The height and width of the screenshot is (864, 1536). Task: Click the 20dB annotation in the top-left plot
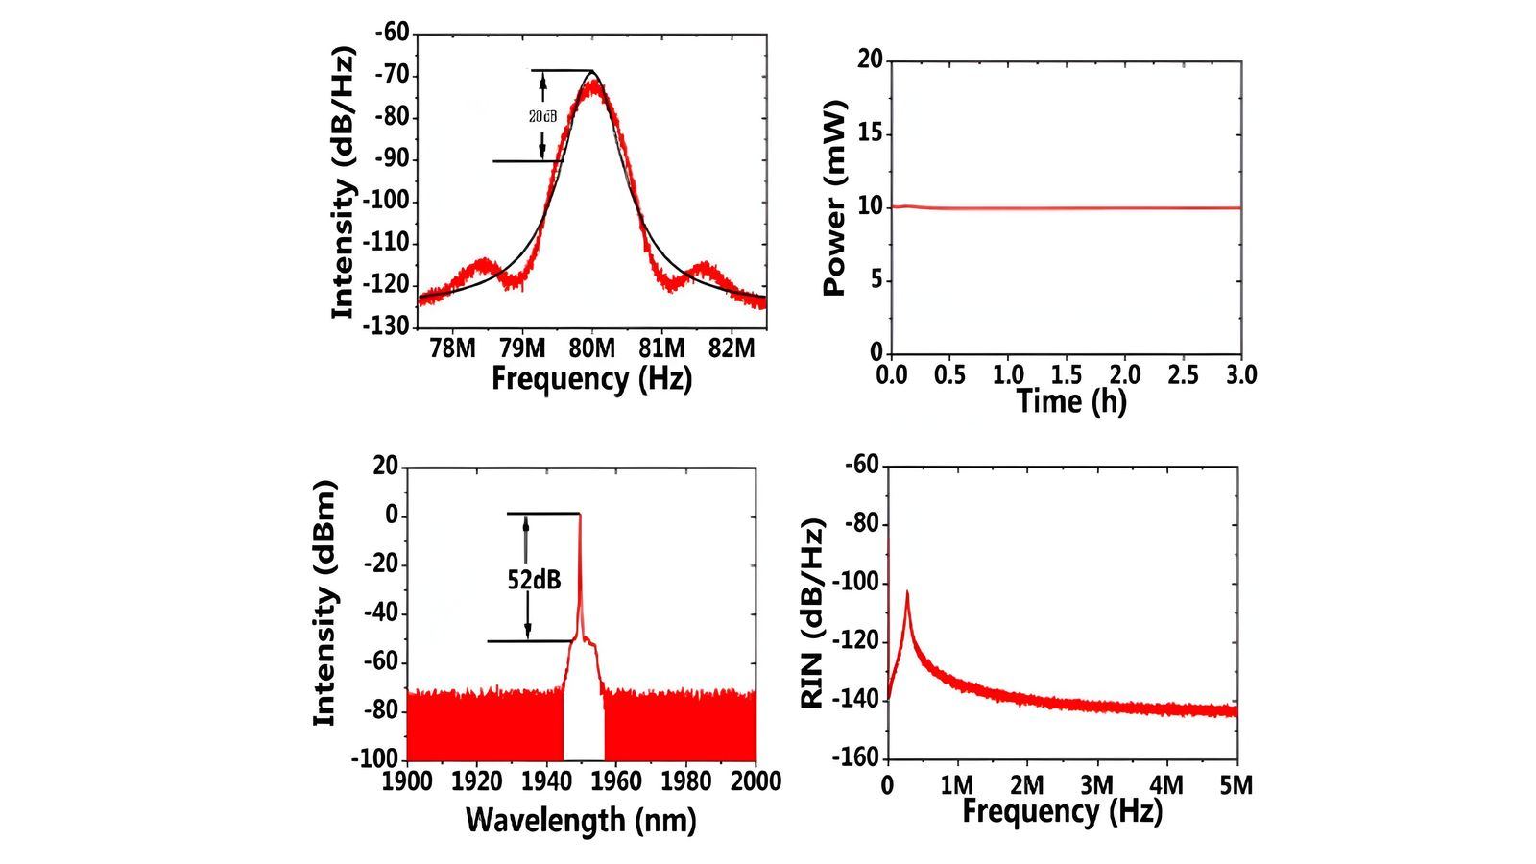pos(542,116)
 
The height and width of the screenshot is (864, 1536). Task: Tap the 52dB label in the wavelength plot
pos(534,579)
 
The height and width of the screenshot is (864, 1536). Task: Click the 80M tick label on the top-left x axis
pos(592,348)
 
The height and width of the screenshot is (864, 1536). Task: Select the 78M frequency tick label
pos(452,348)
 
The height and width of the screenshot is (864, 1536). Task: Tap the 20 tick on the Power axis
pos(870,60)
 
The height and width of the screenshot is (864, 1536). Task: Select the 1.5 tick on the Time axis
pos(1067,374)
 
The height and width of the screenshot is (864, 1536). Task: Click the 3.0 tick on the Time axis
pos(1240,374)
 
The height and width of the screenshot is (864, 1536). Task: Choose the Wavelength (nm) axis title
pos(581,820)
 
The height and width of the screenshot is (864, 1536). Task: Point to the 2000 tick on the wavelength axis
pos(756,780)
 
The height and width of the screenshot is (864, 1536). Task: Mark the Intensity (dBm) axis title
pos(327,605)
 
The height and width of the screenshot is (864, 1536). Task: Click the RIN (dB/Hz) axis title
pos(814,614)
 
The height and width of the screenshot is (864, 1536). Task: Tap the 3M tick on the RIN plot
pos(1096,784)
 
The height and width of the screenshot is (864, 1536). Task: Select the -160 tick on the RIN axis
pos(859,758)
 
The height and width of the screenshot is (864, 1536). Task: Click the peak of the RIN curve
pos(907,593)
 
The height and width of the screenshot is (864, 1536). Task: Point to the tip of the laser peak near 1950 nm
pos(579,515)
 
